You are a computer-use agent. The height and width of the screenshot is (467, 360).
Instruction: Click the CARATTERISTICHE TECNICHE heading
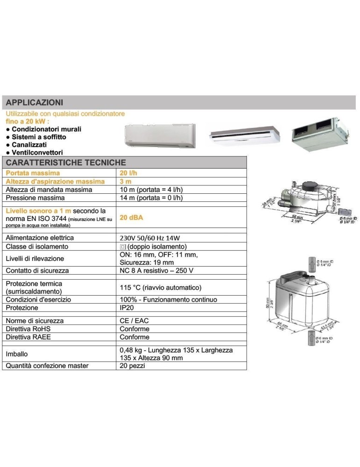click(x=66, y=163)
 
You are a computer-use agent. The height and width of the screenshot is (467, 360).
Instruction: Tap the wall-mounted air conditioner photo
click(x=161, y=136)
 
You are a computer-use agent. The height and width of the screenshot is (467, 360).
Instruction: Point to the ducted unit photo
click(x=321, y=134)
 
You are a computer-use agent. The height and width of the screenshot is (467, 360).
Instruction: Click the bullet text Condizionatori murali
click(x=47, y=129)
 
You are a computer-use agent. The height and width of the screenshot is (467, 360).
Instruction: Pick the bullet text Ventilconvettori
click(x=37, y=152)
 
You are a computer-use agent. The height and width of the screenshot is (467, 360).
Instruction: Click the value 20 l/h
click(x=128, y=173)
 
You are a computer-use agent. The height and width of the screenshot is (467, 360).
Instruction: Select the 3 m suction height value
click(x=126, y=181)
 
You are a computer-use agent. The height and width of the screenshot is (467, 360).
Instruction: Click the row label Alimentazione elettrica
click(x=40, y=238)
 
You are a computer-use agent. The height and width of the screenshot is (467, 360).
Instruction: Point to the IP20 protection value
click(x=128, y=308)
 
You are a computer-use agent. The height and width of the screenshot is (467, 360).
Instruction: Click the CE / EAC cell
click(x=134, y=321)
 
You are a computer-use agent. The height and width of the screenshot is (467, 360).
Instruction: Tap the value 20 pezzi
click(x=133, y=366)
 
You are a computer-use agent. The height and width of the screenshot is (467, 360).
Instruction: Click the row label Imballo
click(x=17, y=354)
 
